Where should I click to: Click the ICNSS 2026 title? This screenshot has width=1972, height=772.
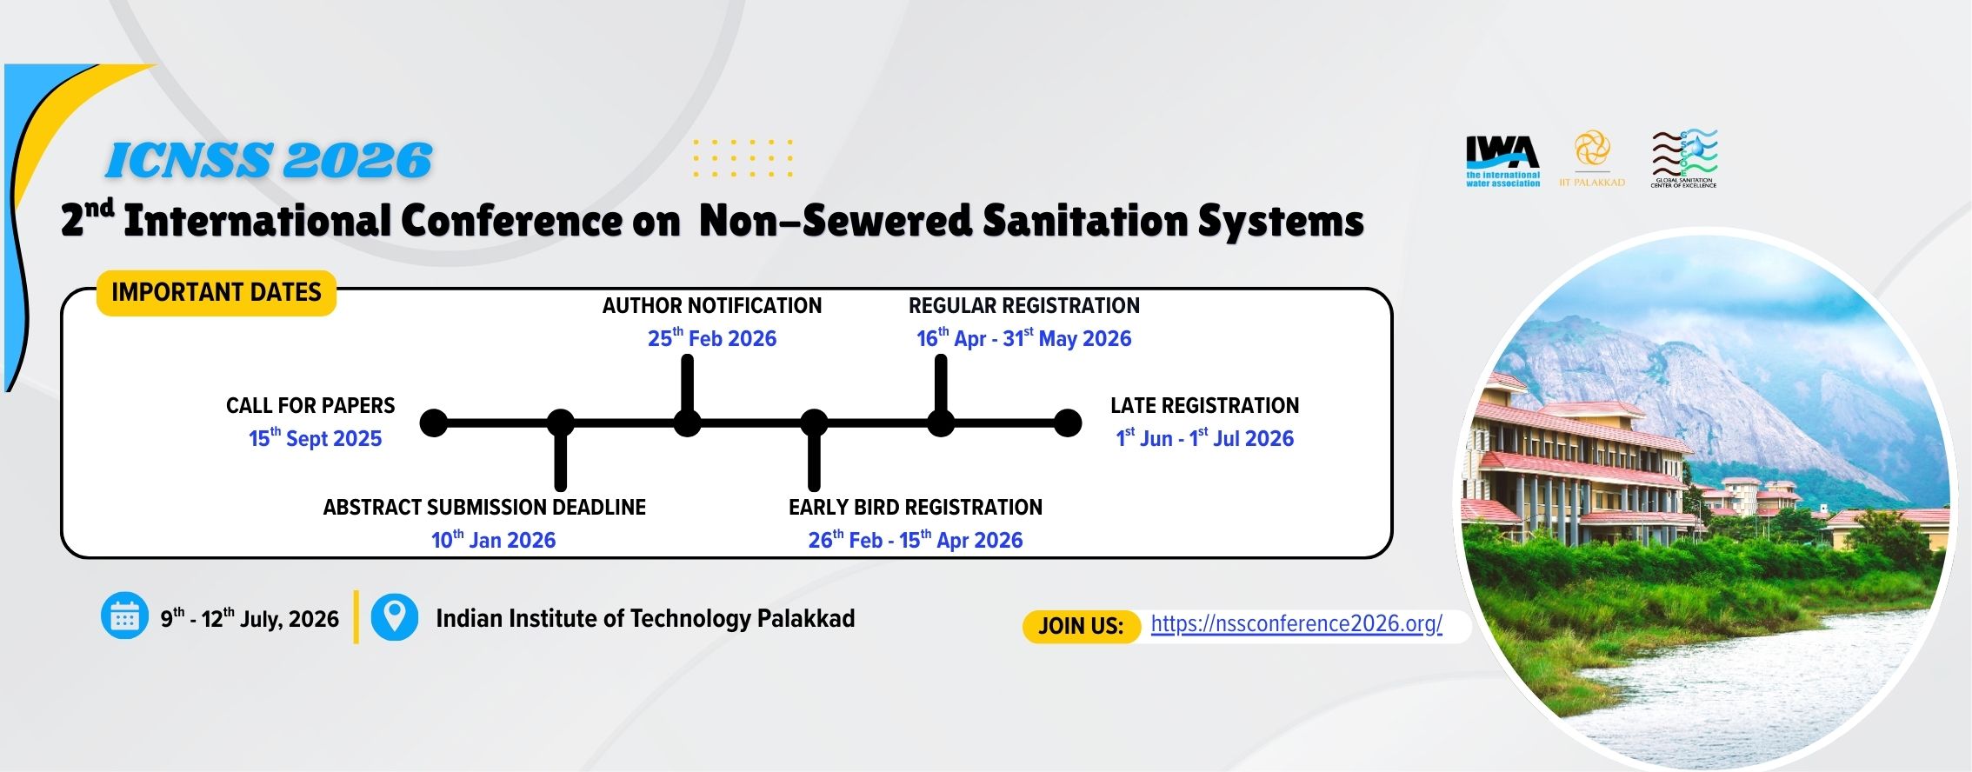[269, 161]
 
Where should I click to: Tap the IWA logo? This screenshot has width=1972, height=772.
[1502, 162]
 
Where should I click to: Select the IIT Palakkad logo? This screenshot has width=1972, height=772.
[1592, 158]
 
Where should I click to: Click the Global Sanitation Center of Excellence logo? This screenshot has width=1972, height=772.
[1684, 159]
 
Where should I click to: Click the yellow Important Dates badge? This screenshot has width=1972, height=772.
[217, 292]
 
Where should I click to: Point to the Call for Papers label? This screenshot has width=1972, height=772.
[310, 406]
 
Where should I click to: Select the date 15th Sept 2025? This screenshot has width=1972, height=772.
[316, 437]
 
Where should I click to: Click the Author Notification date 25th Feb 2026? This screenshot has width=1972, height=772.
[712, 337]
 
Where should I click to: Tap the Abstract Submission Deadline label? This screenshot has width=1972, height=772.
[484, 508]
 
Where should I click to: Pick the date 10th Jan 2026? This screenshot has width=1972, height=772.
[494, 539]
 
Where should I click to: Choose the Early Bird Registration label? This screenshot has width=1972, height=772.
[916, 508]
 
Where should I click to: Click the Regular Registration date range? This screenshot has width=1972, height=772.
[1024, 337]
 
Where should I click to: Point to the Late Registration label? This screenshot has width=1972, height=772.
[1205, 406]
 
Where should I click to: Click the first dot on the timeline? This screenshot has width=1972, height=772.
[434, 423]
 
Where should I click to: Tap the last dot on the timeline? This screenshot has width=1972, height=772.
[1068, 423]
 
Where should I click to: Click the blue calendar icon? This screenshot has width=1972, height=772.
[124, 616]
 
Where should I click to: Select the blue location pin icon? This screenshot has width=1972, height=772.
[395, 616]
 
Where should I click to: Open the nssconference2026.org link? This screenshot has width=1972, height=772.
[1296, 623]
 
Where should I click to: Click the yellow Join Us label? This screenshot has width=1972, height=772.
[1082, 626]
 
